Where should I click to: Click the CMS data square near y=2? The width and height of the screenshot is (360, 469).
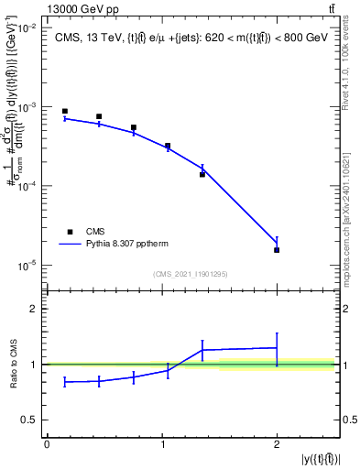coord(277,250)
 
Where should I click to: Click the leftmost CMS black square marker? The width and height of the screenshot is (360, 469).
coord(65,111)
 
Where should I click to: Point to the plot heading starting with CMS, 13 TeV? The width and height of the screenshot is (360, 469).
coord(191,38)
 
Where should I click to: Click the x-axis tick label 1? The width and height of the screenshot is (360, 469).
coord(162,443)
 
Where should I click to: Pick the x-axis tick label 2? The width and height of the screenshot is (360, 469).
coord(277,443)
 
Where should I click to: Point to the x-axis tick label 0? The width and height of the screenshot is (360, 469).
coord(48,443)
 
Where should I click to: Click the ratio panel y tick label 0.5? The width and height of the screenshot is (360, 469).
coord(28,420)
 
